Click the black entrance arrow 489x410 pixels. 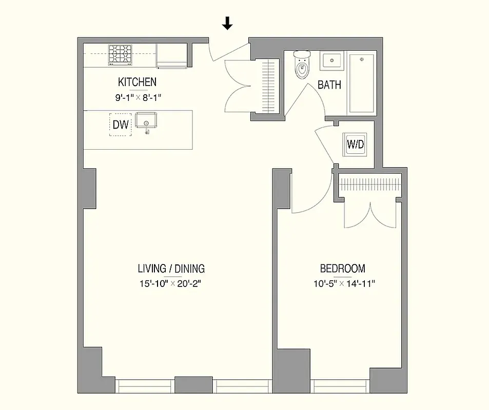pyautogui.click(x=227, y=24)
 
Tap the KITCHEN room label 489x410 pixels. pyautogui.click(x=137, y=82)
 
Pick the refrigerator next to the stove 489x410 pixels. pyautogui.click(x=172, y=55)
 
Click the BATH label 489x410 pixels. pyautogui.click(x=329, y=85)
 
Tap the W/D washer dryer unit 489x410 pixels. pyautogui.click(x=355, y=144)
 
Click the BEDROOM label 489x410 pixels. pyautogui.click(x=343, y=269)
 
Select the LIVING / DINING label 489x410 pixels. pyautogui.click(x=171, y=269)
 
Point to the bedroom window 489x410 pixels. pyautogui.click(x=342, y=385)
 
